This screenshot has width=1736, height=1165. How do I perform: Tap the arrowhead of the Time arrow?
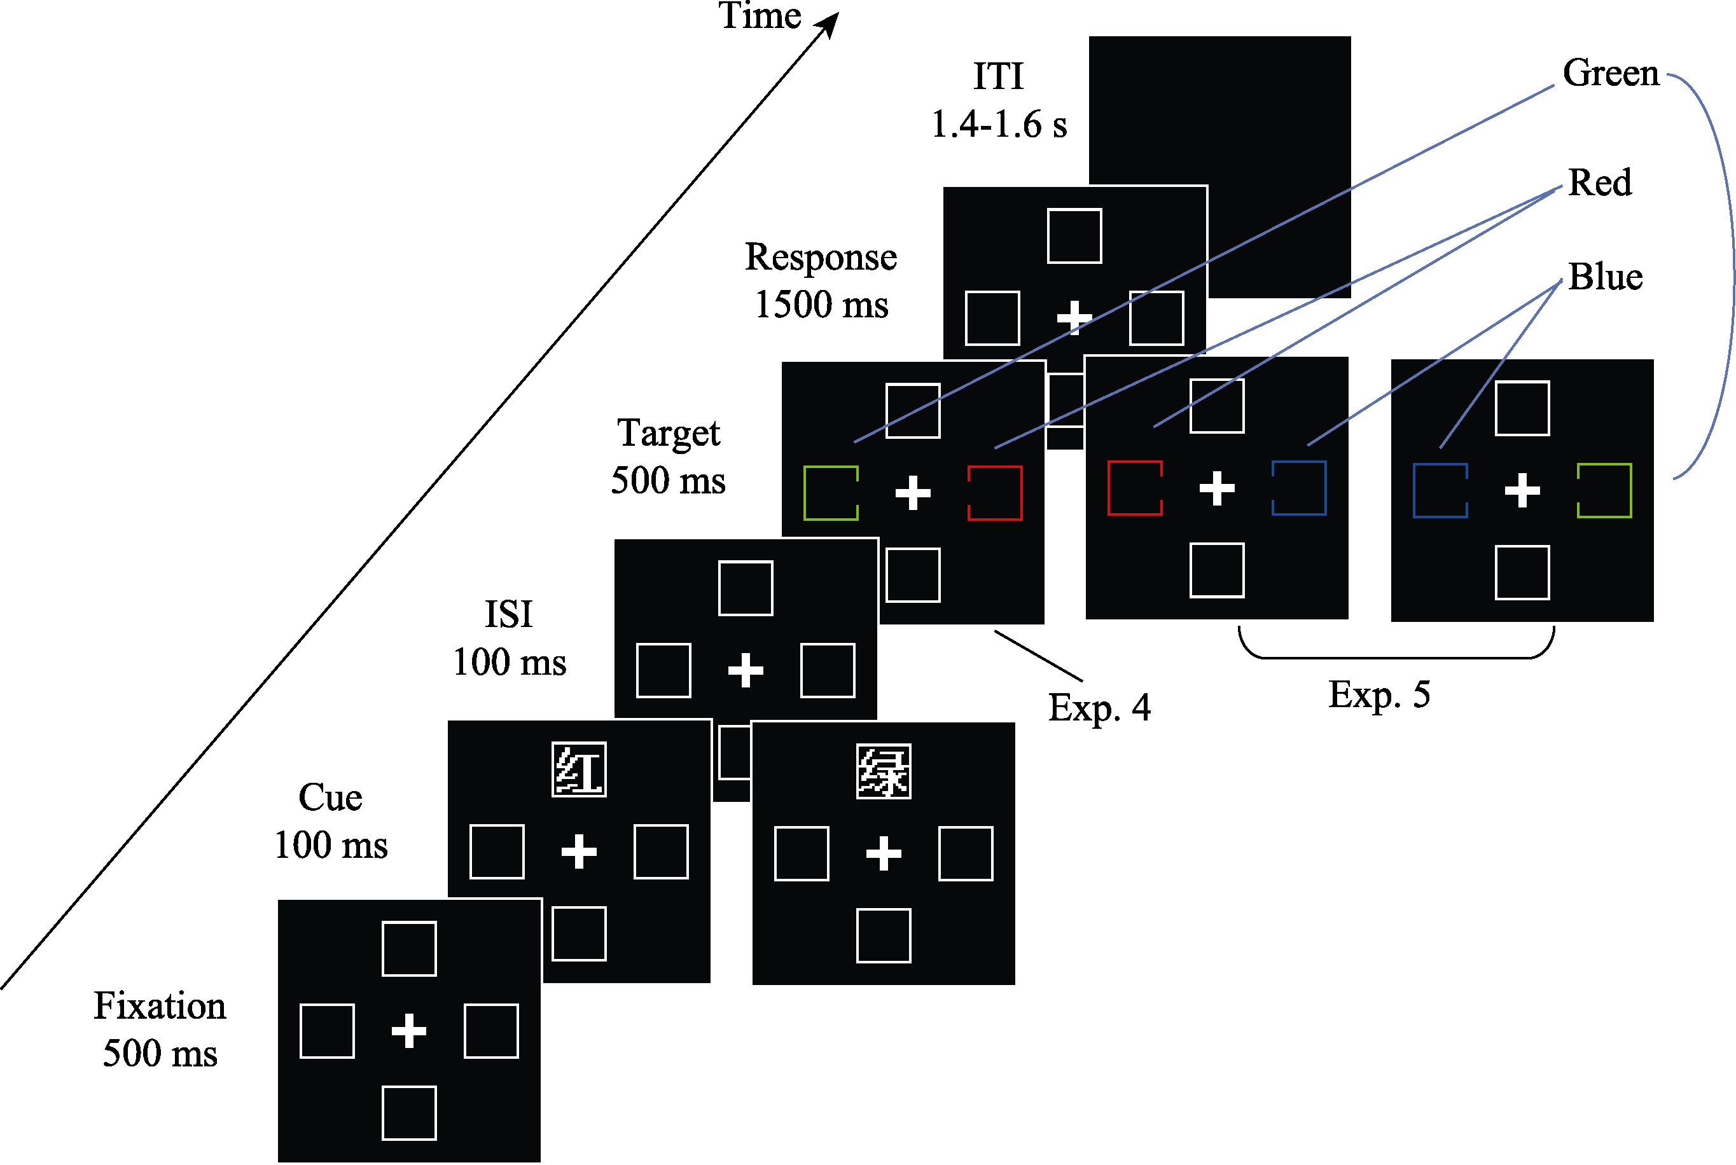click(830, 22)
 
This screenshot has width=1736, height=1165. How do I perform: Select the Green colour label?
click(1611, 72)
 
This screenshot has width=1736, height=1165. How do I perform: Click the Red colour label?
click(1599, 182)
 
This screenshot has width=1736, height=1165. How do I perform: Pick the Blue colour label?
click(1604, 277)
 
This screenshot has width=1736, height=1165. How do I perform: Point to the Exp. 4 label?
click(1099, 707)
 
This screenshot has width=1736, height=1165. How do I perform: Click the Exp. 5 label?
click(1378, 694)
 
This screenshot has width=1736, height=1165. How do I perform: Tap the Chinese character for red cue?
click(579, 769)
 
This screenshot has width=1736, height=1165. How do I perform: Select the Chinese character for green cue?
click(883, 771)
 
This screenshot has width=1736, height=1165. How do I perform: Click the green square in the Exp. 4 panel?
click(831, 493)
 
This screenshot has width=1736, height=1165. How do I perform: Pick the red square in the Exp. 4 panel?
click(994, 493)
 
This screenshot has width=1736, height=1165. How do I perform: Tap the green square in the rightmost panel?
click(1604, 490)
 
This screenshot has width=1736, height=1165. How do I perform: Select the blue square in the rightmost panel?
click(1440, 490)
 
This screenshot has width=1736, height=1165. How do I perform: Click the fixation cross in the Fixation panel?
click(409, 1031)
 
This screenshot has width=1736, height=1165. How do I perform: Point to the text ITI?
click(998, 76)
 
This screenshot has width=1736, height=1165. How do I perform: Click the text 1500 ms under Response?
click(821, 304)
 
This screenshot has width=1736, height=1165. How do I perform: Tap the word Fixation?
click(160, 1005)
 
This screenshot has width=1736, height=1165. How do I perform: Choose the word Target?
click(668, 432)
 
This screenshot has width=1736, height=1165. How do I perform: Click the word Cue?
click(330, 797)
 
